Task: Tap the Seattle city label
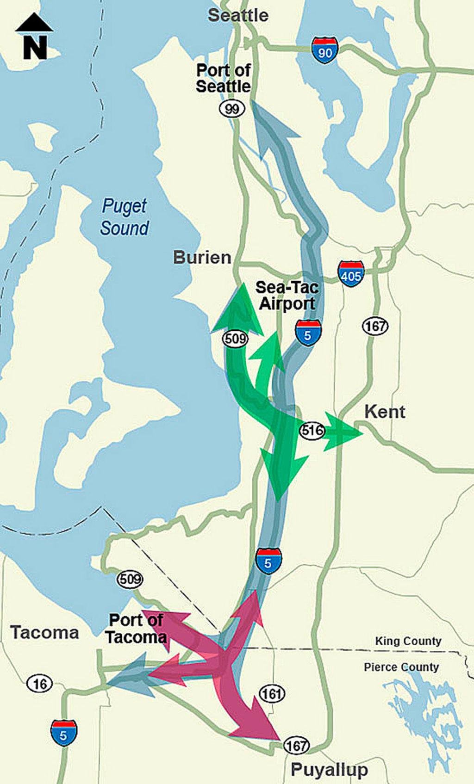pos(238,15)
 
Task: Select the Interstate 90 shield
pos(325,51)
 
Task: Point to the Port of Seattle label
pos(223,78)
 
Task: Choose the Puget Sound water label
pos(125,217)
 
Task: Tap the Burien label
pos(202,258)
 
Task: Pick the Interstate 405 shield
pos(350,274)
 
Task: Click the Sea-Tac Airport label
pos(287,296)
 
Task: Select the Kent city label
pos(385,412)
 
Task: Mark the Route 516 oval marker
pos(312,431)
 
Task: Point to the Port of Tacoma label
pos(136,629)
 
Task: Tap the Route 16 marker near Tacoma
pos(39,683)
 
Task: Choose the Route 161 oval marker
pos(272,694)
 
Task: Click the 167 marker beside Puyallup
pos(296,745)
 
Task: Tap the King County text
pos(408,641)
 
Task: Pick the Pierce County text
pos(401,667)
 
